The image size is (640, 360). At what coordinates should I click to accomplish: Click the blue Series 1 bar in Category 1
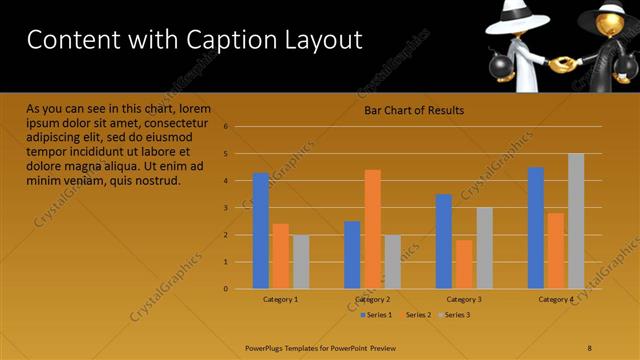tap(261, 231)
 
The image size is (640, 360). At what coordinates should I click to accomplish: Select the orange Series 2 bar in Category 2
tap(372, 229)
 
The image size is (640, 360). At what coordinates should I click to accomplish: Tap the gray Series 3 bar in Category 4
tap(576, 221)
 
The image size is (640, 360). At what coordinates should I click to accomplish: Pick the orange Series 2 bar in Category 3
tap(464, 264)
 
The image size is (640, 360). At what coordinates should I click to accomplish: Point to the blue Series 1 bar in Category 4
tap(536, 228)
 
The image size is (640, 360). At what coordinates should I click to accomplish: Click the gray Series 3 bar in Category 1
tap(301, 262)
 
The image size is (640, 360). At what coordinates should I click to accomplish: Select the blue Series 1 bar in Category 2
tap(352, 255)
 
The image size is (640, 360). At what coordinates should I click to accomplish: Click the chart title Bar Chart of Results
tap(414, 110)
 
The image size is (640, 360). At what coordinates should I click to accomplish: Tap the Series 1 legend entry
tap(375, 315)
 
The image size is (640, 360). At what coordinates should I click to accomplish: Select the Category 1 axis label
tap(281, 299)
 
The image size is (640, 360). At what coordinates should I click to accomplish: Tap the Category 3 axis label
tap(464, 299)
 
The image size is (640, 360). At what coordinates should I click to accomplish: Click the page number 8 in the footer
tap(590, 347)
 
